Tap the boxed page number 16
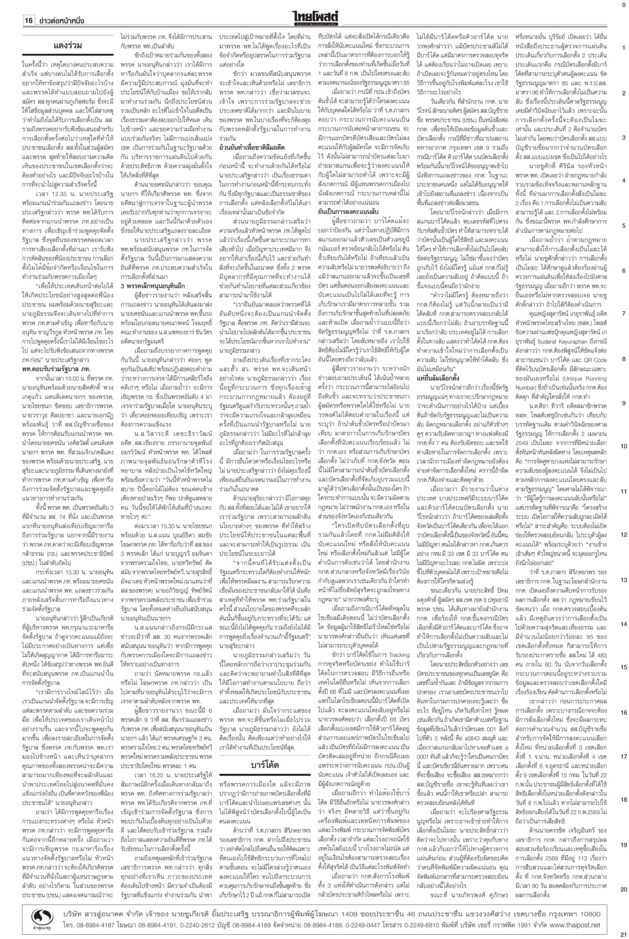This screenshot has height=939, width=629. pyautogui.click(x=28, y=21)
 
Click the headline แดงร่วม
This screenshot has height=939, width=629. pyautogui.click(x=67, y=46)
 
